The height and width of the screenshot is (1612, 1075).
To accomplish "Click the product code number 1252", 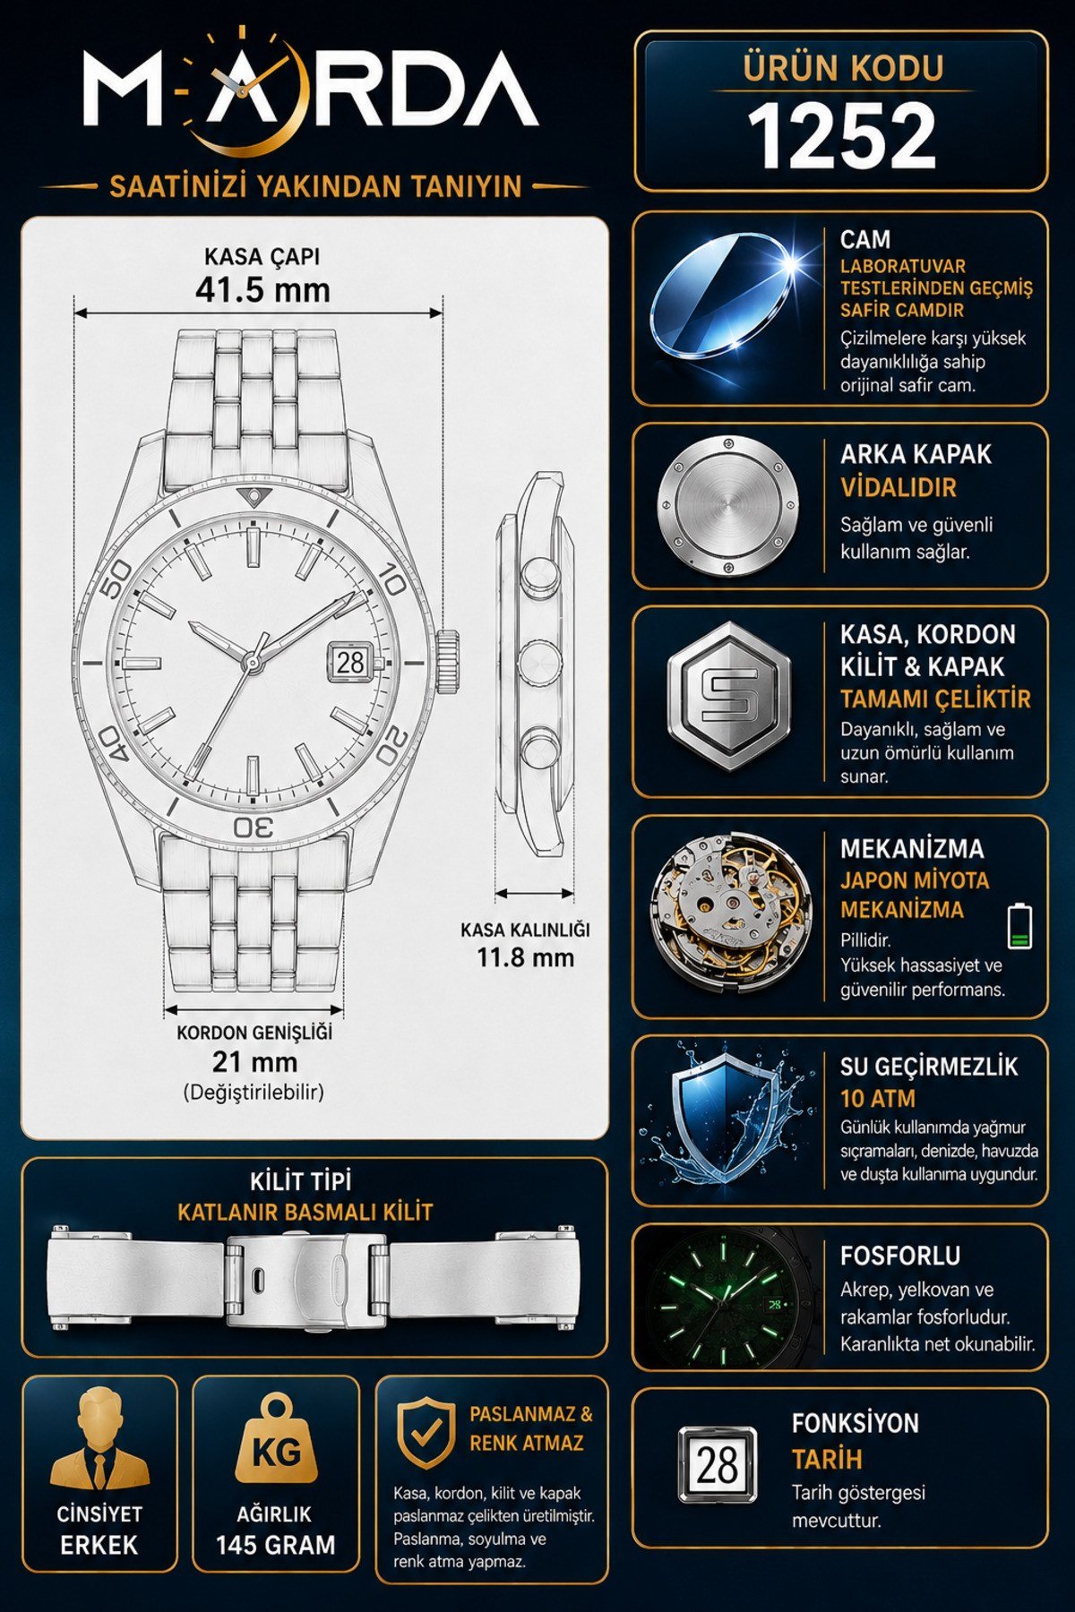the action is pos(841,135).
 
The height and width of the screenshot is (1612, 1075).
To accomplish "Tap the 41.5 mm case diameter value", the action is pos(262,290).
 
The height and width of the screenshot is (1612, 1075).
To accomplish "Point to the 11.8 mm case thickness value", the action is pos(525,957).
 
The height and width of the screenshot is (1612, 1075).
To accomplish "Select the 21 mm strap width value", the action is pos(254,1062).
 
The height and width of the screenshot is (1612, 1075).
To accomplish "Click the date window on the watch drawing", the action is pos(351,662).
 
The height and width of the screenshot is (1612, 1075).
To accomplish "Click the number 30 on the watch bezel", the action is pos(254,827).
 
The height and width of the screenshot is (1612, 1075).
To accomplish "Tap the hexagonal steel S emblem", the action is pos(729,696).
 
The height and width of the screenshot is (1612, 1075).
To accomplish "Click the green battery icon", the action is pos(1020,926).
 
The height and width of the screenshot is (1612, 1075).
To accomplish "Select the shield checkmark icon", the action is pos(426,1433).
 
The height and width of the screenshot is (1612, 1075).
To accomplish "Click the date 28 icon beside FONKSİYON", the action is pos(717,1466).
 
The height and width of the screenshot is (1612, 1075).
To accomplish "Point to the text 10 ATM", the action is pos(878,1099).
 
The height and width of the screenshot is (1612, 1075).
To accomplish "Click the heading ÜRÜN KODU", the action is pos(843,68).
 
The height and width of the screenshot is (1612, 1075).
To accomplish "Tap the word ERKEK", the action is pos(99,1546).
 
